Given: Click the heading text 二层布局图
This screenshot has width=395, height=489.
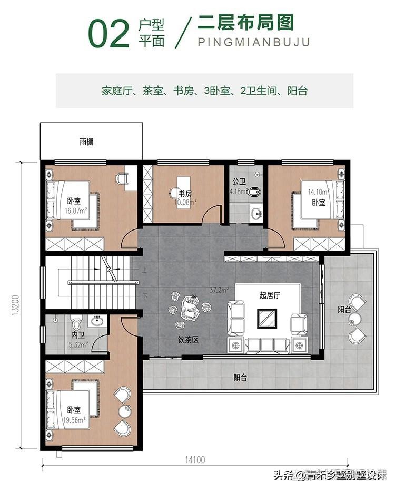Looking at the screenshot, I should (245, 23).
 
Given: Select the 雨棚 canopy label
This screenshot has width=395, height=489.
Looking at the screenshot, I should (87, 141).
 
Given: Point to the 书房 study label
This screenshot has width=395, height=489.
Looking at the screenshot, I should (184, 193).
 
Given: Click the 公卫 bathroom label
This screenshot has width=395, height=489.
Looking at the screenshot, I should (239, 181).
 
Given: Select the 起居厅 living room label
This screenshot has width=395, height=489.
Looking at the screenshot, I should (269, 296).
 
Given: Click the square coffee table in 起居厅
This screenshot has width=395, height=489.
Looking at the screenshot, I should (268, 318).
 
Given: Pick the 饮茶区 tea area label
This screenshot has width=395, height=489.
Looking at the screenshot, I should (188, 340).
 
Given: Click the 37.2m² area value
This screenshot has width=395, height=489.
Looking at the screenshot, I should (219, 290).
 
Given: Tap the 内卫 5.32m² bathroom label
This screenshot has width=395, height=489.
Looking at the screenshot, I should (78, 338).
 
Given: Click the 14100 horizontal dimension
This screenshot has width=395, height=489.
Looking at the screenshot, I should (194, 460).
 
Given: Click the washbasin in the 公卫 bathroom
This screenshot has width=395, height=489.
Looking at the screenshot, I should (256, 214).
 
